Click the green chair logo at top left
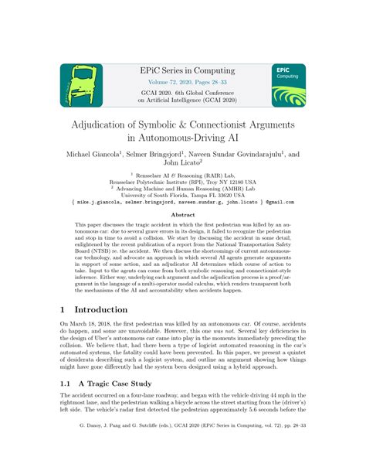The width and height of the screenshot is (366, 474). pos(82,85)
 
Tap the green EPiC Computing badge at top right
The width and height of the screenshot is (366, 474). pos(287,85)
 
